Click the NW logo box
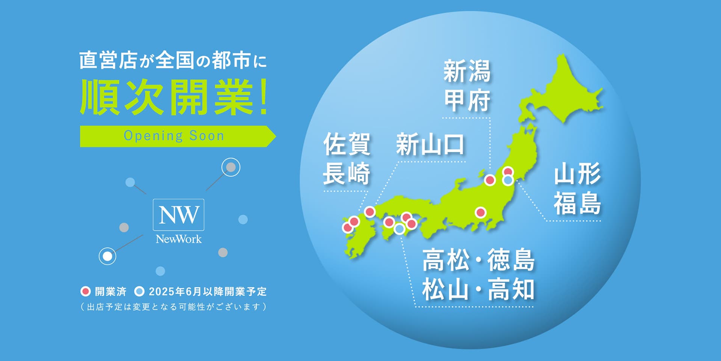click(x=178, y=214)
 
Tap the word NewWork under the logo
click(x=179, y=239)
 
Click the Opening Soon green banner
click(x=174, y=136)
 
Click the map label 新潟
click(x=467, y=71)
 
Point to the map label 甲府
click(x=467, y=101)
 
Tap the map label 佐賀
click(x=347, y=144)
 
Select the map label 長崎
click(x=347, y=174)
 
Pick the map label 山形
click(x=577, y=174)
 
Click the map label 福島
click(x=577, y=203)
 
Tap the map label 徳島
click(x=511, y=260)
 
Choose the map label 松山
click(x=445, y=290)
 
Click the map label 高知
click(x=511, y=290)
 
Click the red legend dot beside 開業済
click(x=86, y=291)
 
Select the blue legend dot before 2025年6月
click(x=139, y=291)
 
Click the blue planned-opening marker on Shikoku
click(x=400, y=228)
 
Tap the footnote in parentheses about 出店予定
click(x=173, y=307)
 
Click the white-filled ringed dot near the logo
click(x=107, y=256)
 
